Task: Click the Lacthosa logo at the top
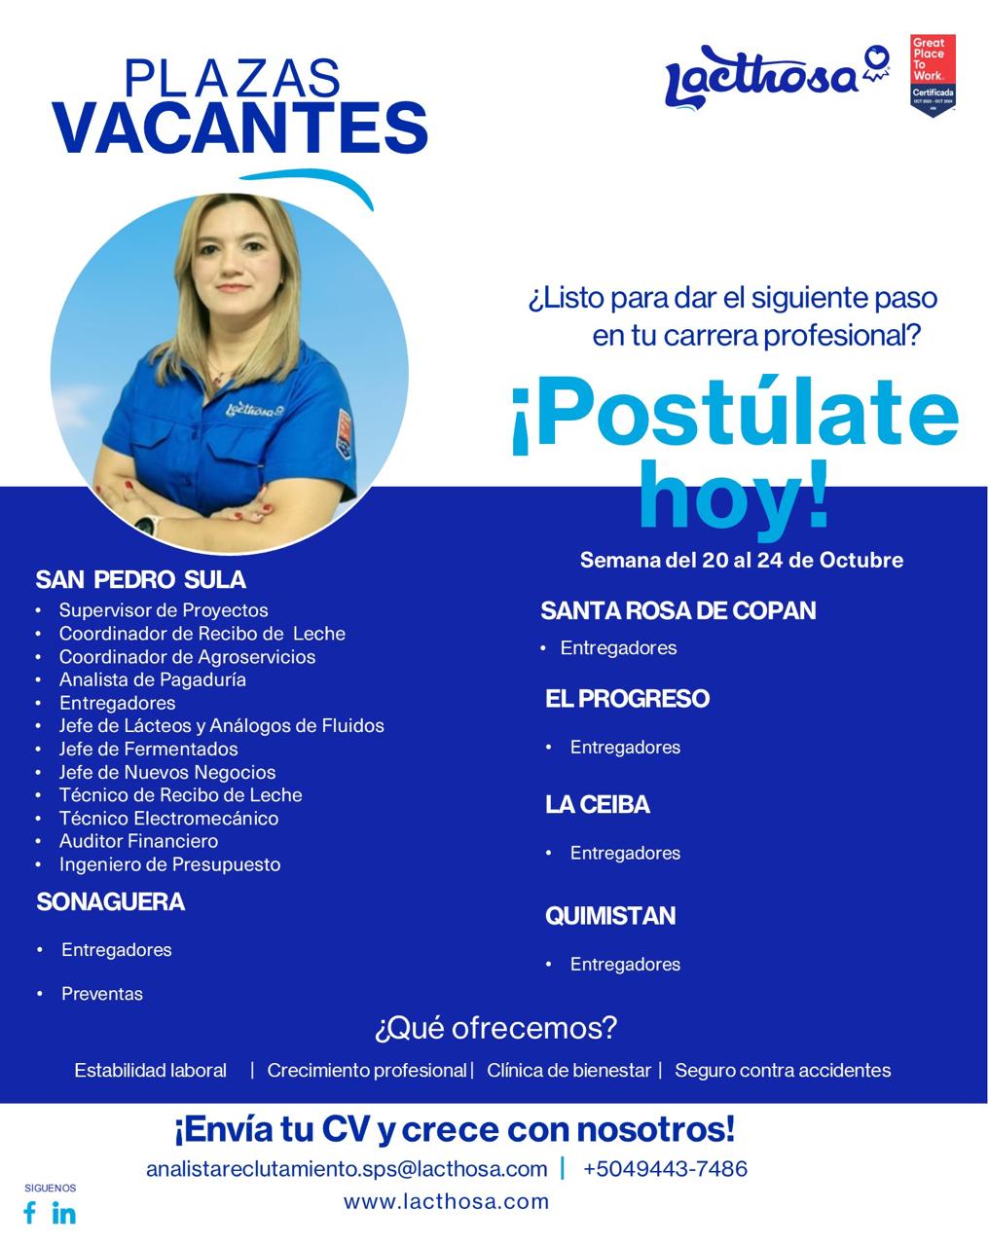click(x=776, y=78)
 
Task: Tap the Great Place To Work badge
click(x=933, y=75)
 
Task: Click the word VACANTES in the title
click(x=240, y=128)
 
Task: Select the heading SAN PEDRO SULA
click(x=141, y=579)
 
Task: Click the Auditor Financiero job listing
click(x=138, y=841)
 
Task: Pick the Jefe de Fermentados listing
click(x=148, y=749)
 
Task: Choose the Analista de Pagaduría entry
click(x=152, y=679)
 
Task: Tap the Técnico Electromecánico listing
click(x=168, y=818)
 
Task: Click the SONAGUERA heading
click(x=111, y=901)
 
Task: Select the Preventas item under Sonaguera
click(x=102, y=994)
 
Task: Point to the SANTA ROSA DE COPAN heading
click(x=678, y=610)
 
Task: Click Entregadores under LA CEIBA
click(x=625, y=853)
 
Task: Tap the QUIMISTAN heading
click(x=610, y=915)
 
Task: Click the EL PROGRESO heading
click(x=627, y=698)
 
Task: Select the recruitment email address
click(x=347, y=1169)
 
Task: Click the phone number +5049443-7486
click(x=665, y=1168)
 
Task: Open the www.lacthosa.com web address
click(x=446, y=1201)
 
